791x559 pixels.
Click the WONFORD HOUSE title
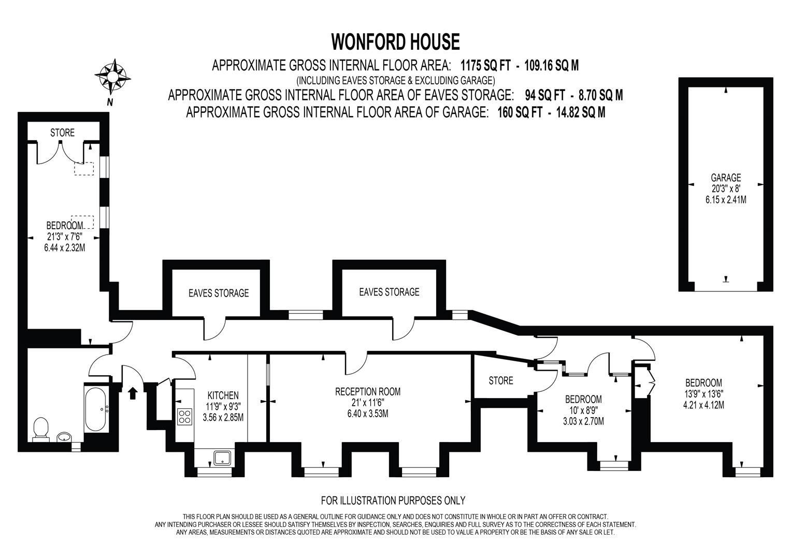coord(396,41)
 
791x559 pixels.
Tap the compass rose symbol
coord(113,76)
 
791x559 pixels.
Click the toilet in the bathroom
coord(40,429)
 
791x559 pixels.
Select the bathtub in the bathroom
coord(95,410)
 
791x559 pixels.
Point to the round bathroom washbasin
coord(64,437)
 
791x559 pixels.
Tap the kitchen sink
coord(222,458)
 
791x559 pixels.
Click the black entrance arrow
coord(133,393)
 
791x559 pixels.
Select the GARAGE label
coord(726,178)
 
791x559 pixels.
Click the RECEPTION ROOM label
coord(368,391)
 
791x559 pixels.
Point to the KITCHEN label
coord(223,395)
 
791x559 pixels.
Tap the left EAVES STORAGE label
coord(219,293)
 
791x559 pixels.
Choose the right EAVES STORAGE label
coord(389,292)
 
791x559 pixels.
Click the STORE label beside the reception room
coord(501,380)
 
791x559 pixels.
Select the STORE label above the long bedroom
coord(63,133)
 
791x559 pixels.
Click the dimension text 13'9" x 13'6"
coord(703,394)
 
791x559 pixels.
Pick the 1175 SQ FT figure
coord(485,66)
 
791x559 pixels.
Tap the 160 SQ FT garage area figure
coord(520,112)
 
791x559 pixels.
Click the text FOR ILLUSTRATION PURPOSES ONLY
coord(393,501)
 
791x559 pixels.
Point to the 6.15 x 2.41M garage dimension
coord(726,200)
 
